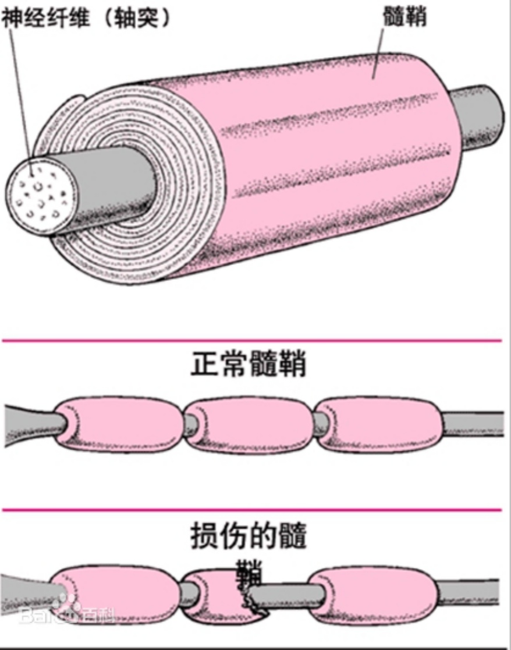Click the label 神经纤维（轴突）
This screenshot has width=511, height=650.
[87, 18]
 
